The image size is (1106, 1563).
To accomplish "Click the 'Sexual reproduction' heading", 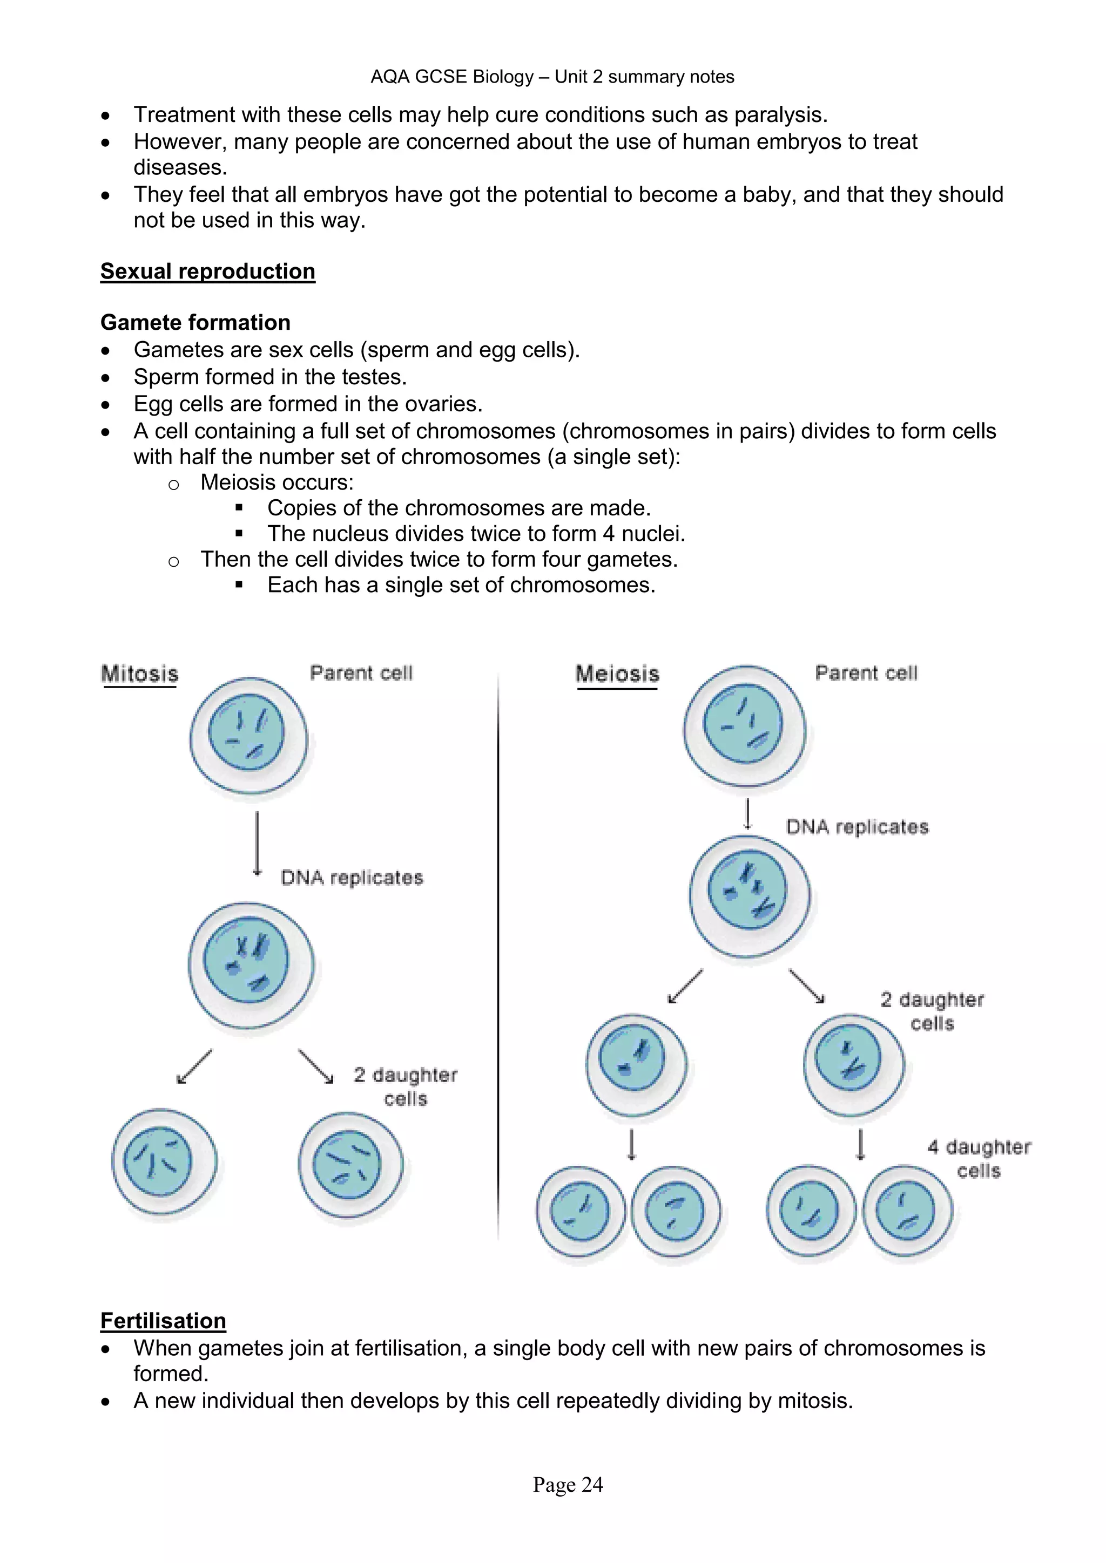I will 208,271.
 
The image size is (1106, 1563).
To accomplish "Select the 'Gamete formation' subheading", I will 195,322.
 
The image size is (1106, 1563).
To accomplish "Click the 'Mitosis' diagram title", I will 140,674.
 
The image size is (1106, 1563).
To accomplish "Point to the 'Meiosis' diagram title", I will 618,674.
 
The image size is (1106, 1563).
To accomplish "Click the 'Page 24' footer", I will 568,1485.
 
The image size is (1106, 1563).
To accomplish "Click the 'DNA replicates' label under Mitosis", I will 352,878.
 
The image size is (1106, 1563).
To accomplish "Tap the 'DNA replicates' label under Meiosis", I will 857,827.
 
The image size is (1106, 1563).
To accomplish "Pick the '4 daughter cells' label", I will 979,1159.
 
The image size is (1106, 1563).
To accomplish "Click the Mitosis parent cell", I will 248,735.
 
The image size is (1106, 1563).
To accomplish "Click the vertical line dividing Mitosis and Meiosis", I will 498,953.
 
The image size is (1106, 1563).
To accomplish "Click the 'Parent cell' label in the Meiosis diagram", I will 866,673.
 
